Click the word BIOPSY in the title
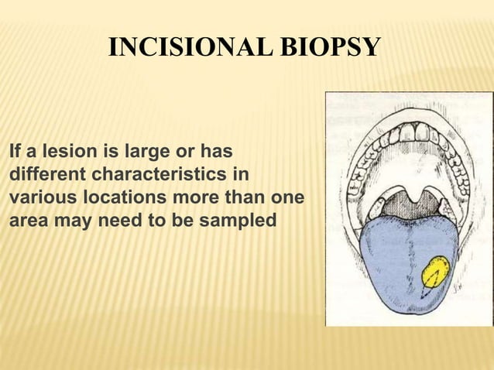click(334, 48)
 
